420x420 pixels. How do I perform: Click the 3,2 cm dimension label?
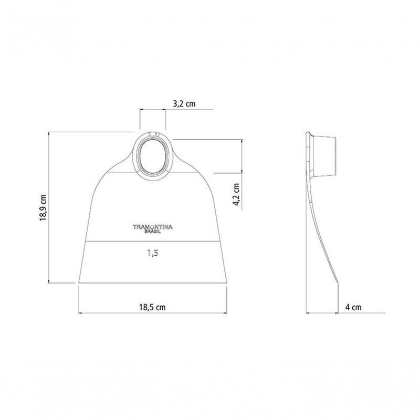(184, 103)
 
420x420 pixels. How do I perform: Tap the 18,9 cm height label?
(44, 207)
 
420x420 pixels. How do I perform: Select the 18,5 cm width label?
(152, 307)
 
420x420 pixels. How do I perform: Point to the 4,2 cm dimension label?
(237, 194)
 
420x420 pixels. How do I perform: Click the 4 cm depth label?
(353, 307)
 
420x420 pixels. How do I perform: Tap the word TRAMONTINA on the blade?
(153, 227)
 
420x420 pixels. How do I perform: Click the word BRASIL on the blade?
(153, 232)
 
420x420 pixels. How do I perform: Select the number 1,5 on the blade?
(153, 253)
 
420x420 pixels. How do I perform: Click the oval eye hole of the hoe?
(152, 155)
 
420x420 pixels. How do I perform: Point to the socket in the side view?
(323, 156)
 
